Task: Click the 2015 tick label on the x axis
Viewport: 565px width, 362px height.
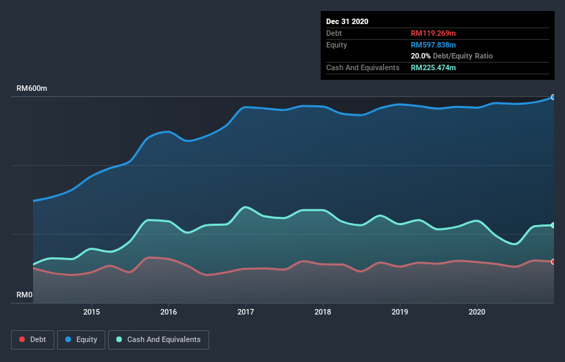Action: click(91, 312)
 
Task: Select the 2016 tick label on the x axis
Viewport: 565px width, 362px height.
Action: click(168, 312)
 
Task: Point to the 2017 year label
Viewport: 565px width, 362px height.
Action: click(246, 312)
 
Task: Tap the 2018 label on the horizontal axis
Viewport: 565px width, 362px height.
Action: click(323, 312)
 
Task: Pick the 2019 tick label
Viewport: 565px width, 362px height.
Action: click(400, 312)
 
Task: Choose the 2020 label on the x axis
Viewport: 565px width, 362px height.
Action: click(477, 312)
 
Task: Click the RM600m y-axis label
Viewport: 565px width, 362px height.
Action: click(32, 89)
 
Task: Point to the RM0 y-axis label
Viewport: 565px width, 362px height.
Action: click(25, 295)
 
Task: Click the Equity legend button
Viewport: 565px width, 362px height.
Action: click(82, 339)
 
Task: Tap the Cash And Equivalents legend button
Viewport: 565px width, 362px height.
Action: click(158, 339)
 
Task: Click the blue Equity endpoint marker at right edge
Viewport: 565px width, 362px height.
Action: click(553, 97)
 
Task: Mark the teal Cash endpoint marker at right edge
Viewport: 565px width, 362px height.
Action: click(553, 225)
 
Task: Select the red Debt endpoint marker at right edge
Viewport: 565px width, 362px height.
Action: click(553, 262)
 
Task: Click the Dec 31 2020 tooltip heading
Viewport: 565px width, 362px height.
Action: click(347, 21)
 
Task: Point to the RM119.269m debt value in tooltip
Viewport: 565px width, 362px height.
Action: click(434, 33)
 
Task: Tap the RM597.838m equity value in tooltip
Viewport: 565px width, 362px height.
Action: click(434, 45)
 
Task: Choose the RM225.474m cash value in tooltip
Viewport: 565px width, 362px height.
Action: click(434, 67)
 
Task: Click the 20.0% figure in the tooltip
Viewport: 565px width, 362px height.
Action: click(420, 56)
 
